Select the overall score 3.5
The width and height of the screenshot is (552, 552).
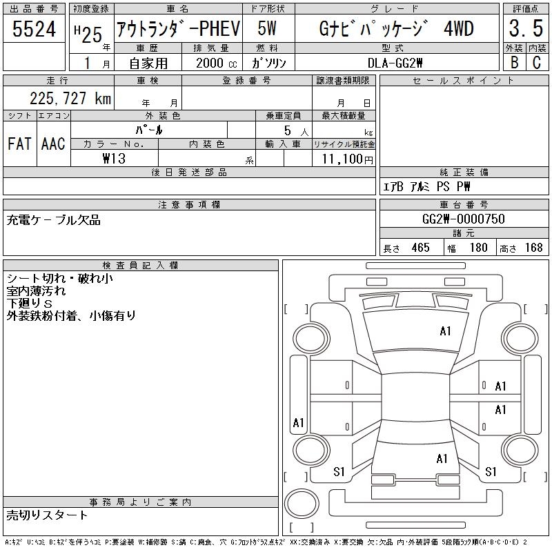tap(524, 30)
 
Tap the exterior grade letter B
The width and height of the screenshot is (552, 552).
tap(513, 62)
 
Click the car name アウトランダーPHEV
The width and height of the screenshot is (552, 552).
tap(177, 30)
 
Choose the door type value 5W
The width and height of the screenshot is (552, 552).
tap(268, 29)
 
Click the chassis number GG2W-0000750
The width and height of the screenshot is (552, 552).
tap(463, 219)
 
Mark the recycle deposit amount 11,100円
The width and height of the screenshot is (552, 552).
tap(343, 159)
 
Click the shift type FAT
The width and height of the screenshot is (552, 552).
tap(19, 144)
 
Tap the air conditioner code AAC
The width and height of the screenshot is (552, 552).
tap(53, 144)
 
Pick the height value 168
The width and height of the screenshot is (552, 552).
tap(533, 248)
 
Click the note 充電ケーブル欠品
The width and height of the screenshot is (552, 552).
tap(54, 220)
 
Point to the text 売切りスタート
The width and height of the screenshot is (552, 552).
tap(48, 515)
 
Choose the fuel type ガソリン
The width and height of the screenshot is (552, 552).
tap(269, 63)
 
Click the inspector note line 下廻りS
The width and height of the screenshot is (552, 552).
tap(30, 304)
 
